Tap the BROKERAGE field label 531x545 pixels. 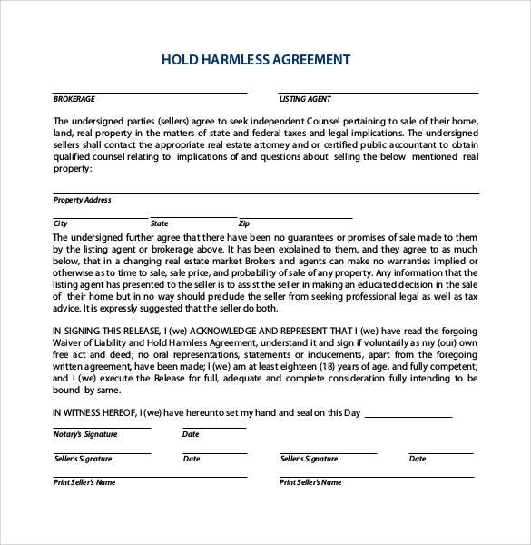pos(74,99)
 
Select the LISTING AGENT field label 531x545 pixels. pos(305,99)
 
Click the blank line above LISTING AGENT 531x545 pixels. pos(379,93)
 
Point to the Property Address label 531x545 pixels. pos(83,200)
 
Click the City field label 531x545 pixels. pos(61,223)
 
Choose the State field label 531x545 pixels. pos(160,223)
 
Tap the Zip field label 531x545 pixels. pos(243,223)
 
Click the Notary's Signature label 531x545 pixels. pos(85,435)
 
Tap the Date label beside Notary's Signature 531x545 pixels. pos(191,435)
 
